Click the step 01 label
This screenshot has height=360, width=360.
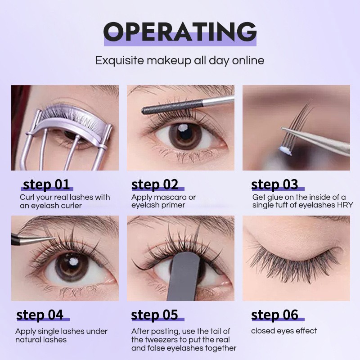pyautogui.click(x=46, y=184)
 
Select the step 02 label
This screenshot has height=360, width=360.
pyautogui.click(x=155, y=184)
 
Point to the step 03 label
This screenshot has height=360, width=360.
pyautogui.click(x=274, y=184)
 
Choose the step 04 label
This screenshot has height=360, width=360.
pyautogui.click(x=40, y=315)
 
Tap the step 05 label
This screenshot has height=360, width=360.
pyautogui.click(x=154, y=315)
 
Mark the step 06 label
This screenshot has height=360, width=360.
pyautogui.click(x=274, y=315)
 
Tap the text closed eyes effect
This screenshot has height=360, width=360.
pyautogui.click(x=283, y=331)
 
